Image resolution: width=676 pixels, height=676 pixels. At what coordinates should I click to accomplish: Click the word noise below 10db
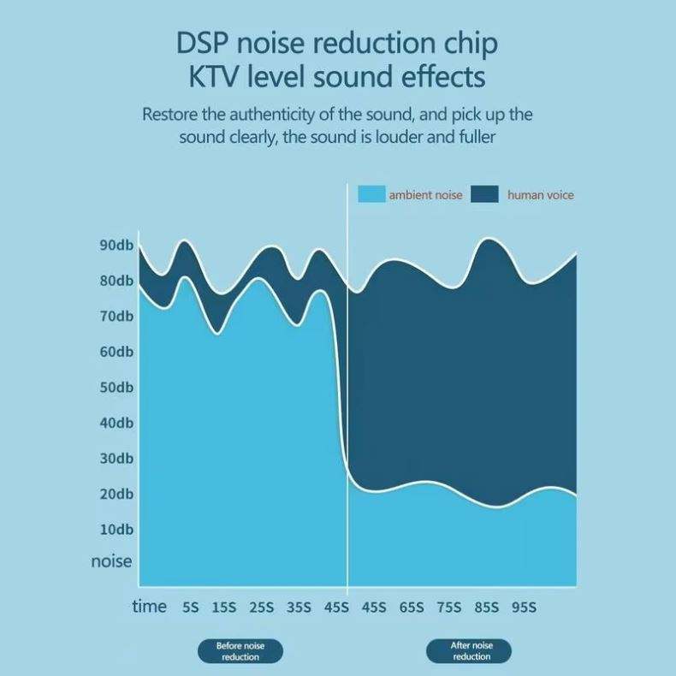pyautogui.click(x=112, y=561)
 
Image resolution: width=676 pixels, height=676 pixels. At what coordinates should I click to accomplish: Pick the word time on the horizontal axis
pyautogui.click(x=150, y=606)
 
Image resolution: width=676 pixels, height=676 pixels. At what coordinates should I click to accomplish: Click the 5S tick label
pyautogui.click(x=190, y=608)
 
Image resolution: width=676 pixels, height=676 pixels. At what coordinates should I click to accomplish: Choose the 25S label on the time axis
pyautogui.click(x=262, y=608)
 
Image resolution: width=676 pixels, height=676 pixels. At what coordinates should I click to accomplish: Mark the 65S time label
pyautogui.click(x=412, y=608)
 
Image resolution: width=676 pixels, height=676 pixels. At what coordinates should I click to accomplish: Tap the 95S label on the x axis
pyautogui.click(x=525, y=608)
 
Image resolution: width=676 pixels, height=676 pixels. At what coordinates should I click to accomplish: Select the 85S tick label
pyautogui.click(x=487, y=608)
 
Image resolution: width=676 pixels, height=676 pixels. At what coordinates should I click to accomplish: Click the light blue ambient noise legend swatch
pyautogui.click(x=371, y=195)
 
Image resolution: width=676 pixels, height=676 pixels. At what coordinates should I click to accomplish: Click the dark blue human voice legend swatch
pyautogui.click(x=485, y=195)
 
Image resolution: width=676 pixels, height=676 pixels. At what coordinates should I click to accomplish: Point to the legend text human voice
pyautogui.click(x=541, y=195)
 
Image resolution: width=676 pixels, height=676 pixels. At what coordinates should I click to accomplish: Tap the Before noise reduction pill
pyautogui.click(x=240, y=651)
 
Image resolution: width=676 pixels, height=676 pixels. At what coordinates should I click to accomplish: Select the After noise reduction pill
pyautogui.click(x=469, y=651)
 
